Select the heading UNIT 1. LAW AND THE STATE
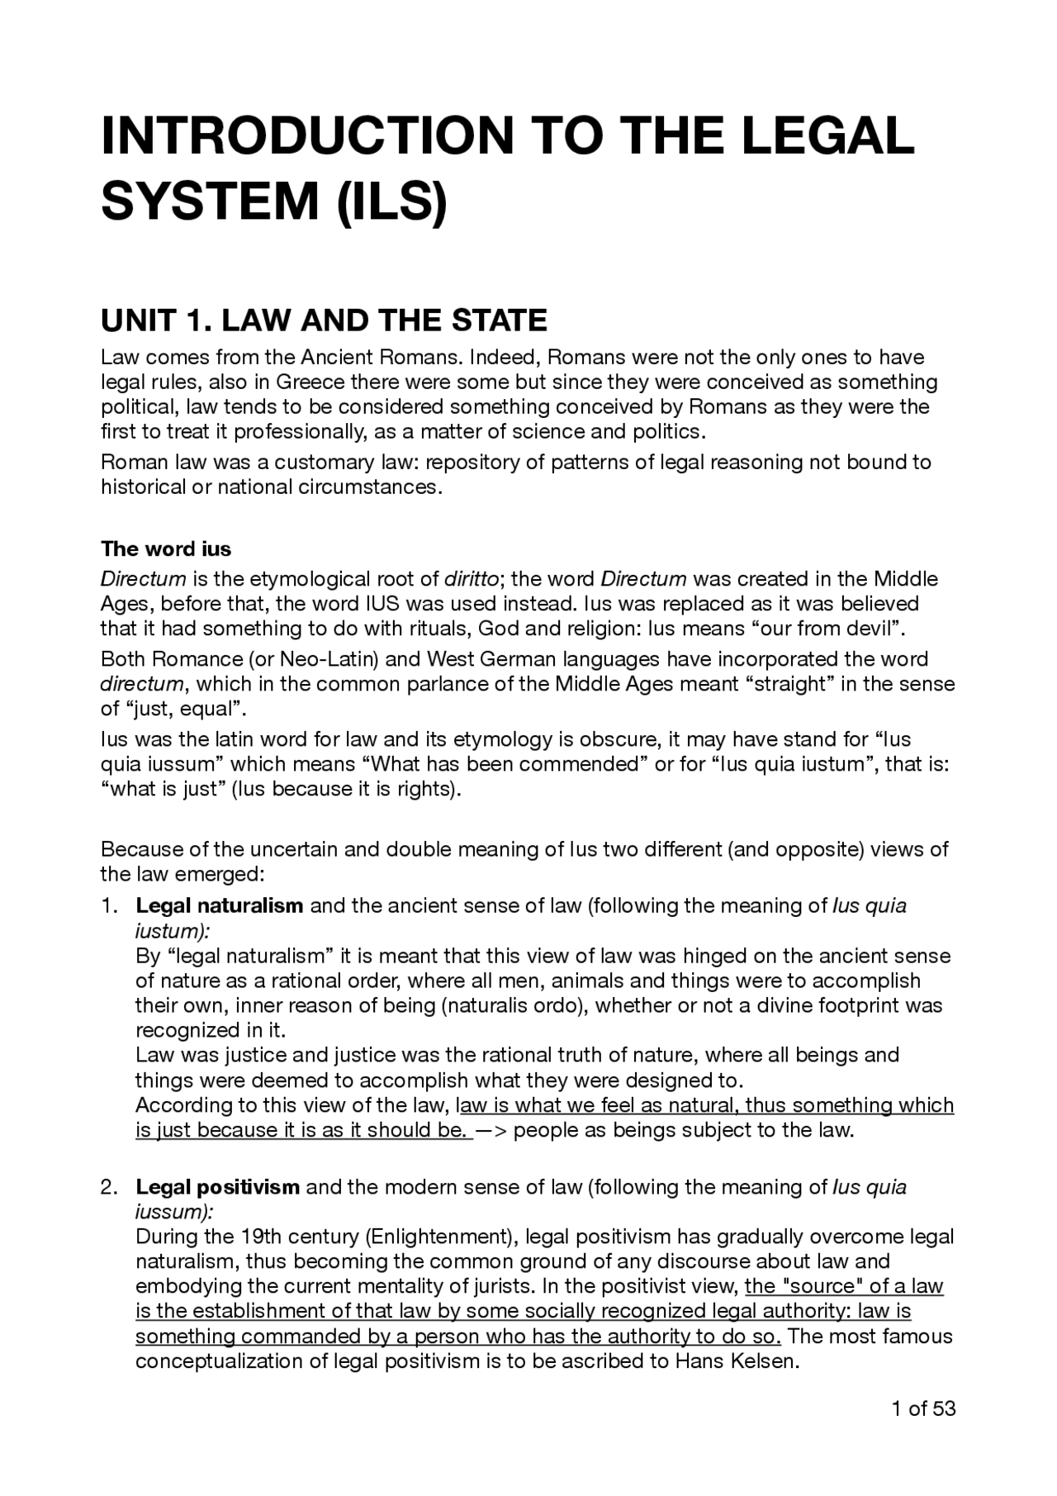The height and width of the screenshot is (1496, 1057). (x=324, y=320)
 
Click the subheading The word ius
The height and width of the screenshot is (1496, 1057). (x=166, y=549)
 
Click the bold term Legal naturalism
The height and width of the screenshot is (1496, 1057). (x=220, y=906)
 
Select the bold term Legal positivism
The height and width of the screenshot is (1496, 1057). (x=218, y=1188)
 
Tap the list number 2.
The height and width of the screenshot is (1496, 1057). (x=109, y=1188)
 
